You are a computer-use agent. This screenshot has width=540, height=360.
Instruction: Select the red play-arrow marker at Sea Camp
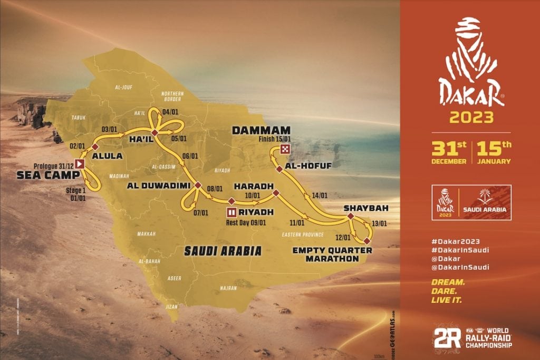(80, 164)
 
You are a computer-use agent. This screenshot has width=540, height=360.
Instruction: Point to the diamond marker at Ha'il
(155, 132)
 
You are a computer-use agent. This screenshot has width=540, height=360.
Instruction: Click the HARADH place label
(253, 186)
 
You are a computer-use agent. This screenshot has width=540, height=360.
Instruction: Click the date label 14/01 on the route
(320, 195)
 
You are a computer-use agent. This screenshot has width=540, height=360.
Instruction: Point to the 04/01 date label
(170, 112)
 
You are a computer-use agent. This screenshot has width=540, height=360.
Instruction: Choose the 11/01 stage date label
(297, 222)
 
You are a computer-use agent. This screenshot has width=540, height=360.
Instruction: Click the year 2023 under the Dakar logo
(471, 116)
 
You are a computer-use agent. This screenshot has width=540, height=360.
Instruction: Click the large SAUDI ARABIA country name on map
(223, 251)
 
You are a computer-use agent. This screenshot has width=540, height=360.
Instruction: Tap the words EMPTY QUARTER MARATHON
(333, 254)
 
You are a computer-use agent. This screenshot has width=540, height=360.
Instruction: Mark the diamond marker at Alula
(95, 147)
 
